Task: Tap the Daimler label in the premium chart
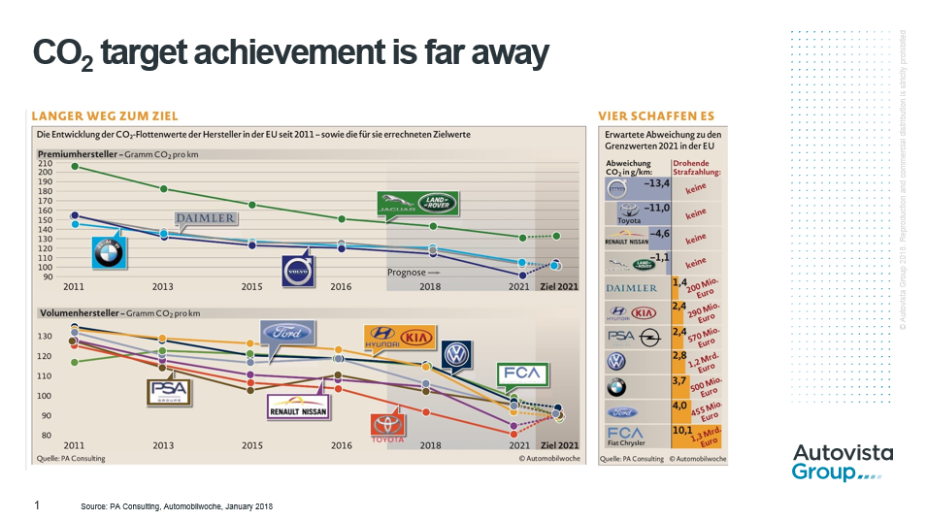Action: tap(205, 218)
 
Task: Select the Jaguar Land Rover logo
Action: tap(417, 204)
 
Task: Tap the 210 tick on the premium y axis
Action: tap(45, 164)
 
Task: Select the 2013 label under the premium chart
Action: tap(163, 287)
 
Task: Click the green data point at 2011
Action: tap(75, 167)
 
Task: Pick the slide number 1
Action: tap(37, 505)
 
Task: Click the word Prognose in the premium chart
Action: tap(407, 273)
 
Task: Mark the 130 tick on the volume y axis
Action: tap(45, 336)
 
